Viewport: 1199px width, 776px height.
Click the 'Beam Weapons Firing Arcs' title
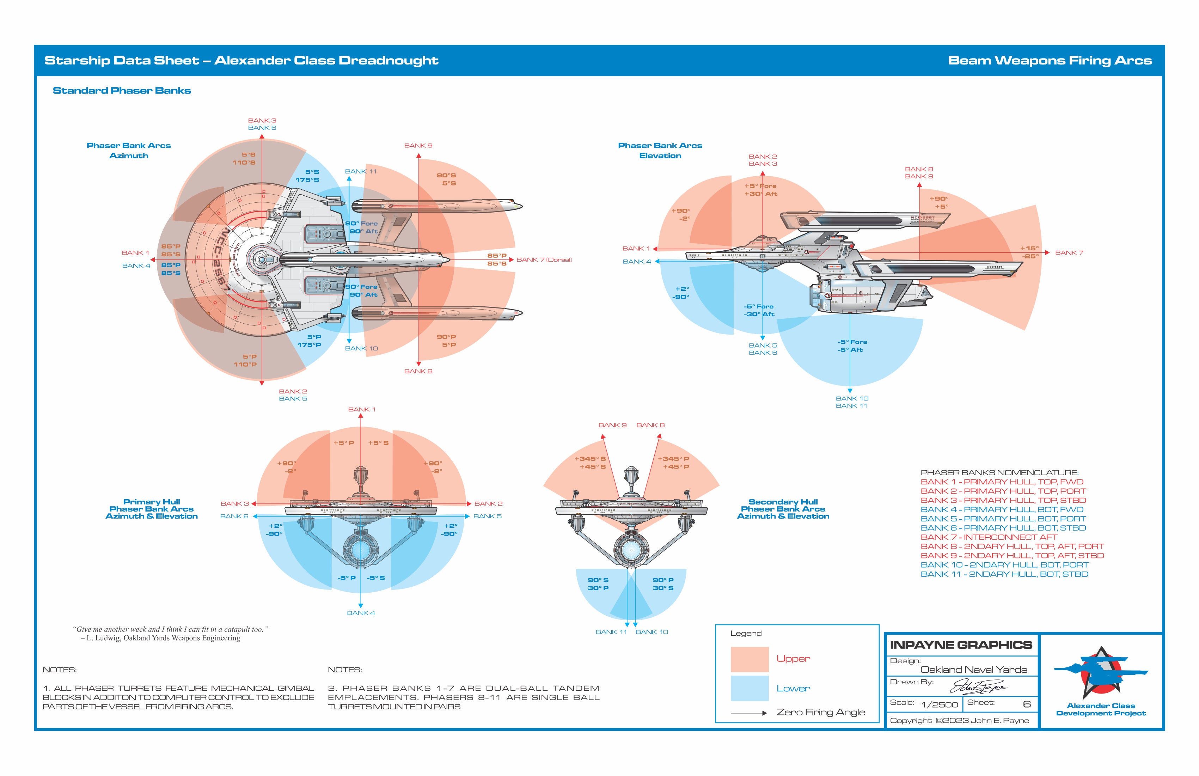click(1050, 61)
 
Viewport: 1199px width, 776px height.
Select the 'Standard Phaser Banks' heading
click(122, 91)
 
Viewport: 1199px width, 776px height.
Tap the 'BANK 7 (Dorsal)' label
click(544, 260)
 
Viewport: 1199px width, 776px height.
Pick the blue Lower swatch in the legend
click(749, 688)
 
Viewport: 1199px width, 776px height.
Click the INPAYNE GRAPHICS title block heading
click(961, 645)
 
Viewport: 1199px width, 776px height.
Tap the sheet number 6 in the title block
click(1026, 704)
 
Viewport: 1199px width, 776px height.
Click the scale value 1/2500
click(939, 704)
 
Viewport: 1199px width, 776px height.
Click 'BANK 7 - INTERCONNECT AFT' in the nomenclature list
click(989, 537)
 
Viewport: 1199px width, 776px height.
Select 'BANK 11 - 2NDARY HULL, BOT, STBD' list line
click(1004, 574)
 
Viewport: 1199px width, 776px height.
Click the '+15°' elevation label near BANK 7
click(1029, 249)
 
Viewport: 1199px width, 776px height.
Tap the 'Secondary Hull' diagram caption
click(783, 502)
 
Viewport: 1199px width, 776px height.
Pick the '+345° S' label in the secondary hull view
click(590, 459)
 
